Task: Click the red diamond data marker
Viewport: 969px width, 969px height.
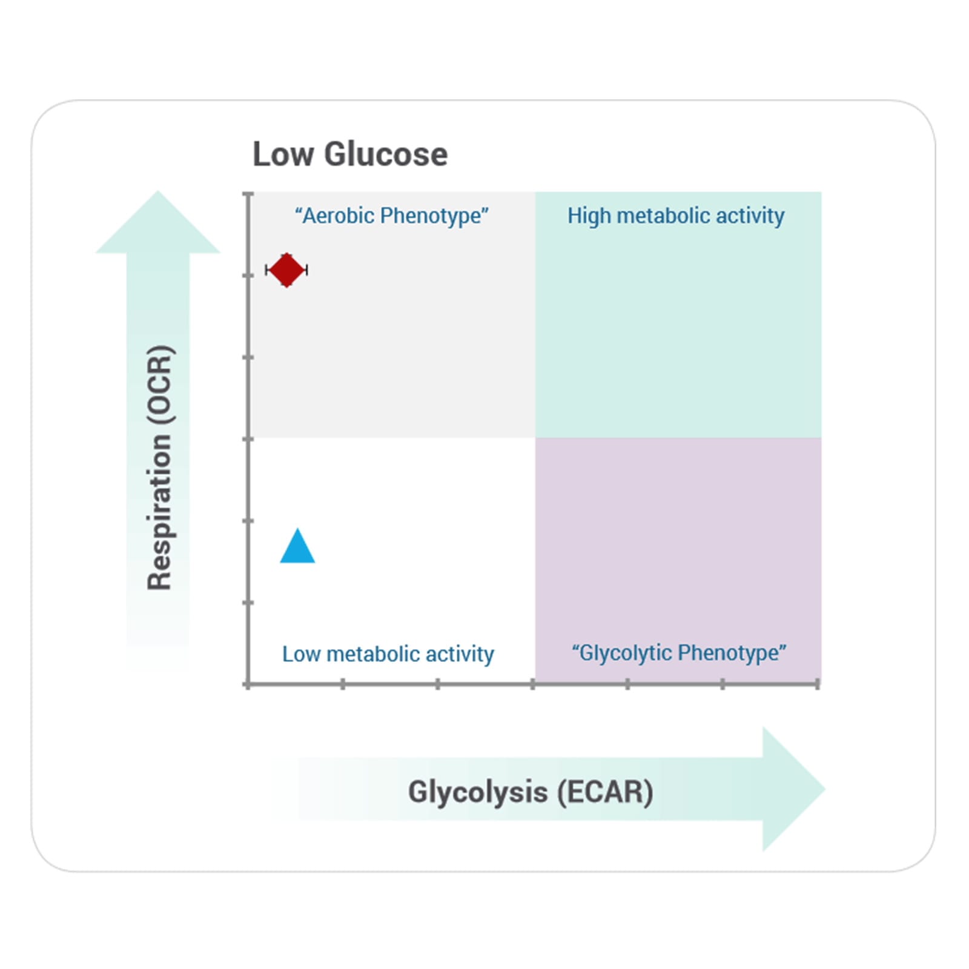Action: coord(286,270)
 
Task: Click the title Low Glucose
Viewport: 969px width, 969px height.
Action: coord(349,154)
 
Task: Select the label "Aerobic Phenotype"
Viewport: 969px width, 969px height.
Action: coord(392,216)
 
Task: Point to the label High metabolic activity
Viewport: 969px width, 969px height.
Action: coord(675,216)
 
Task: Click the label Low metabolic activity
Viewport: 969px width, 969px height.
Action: coord(388,654)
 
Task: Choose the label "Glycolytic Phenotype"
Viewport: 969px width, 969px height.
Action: coord(678,653)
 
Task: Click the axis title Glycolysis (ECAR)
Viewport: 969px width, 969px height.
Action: coord(530,792)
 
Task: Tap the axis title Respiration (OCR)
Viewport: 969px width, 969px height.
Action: coord(160,468)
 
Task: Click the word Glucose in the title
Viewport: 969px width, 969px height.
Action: coord(386,154)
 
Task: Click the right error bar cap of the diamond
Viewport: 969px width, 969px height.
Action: coord(307,270)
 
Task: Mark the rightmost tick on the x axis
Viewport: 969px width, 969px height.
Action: coord(818,684)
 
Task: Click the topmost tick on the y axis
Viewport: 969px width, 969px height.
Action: coord(248,194)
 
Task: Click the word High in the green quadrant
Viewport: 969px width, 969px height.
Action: coord(589,216)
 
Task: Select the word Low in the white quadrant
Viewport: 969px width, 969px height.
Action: coord(301,654)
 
